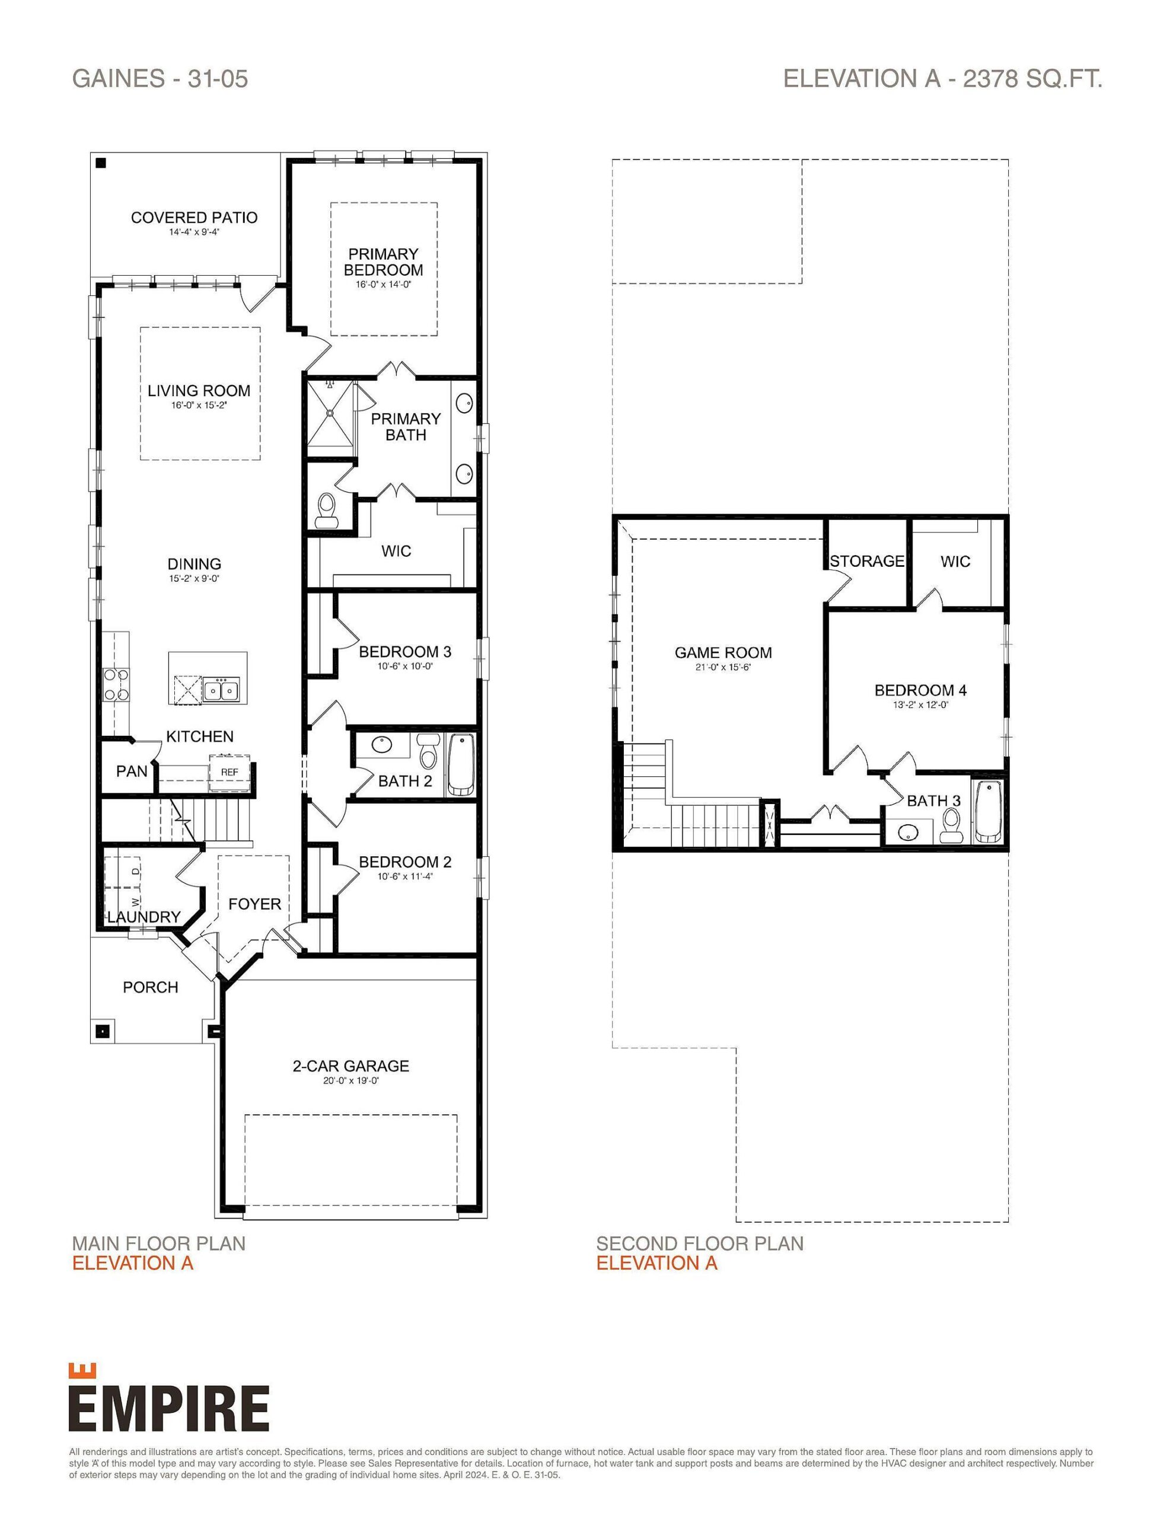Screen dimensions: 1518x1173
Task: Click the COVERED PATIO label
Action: point(194,218)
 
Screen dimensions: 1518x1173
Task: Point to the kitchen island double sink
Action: point(221,690)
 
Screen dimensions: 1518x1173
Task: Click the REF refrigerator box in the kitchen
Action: point(230,772)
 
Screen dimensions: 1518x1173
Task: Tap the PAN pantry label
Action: point(132,771)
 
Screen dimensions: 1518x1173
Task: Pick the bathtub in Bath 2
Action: point(460,764)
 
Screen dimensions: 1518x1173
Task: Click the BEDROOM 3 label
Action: point(404,651)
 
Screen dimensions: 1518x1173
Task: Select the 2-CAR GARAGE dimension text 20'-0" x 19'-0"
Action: point(350,1081)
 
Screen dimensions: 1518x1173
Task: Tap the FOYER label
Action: point(254,904)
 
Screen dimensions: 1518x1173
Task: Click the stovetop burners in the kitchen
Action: point(116,683)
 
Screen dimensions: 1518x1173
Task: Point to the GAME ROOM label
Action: point(723,653)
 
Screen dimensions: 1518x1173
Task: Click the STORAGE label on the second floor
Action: point(866,561)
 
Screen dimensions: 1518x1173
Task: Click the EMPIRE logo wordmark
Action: point(169,1408)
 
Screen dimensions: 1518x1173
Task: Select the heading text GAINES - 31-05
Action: point(160,78)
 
